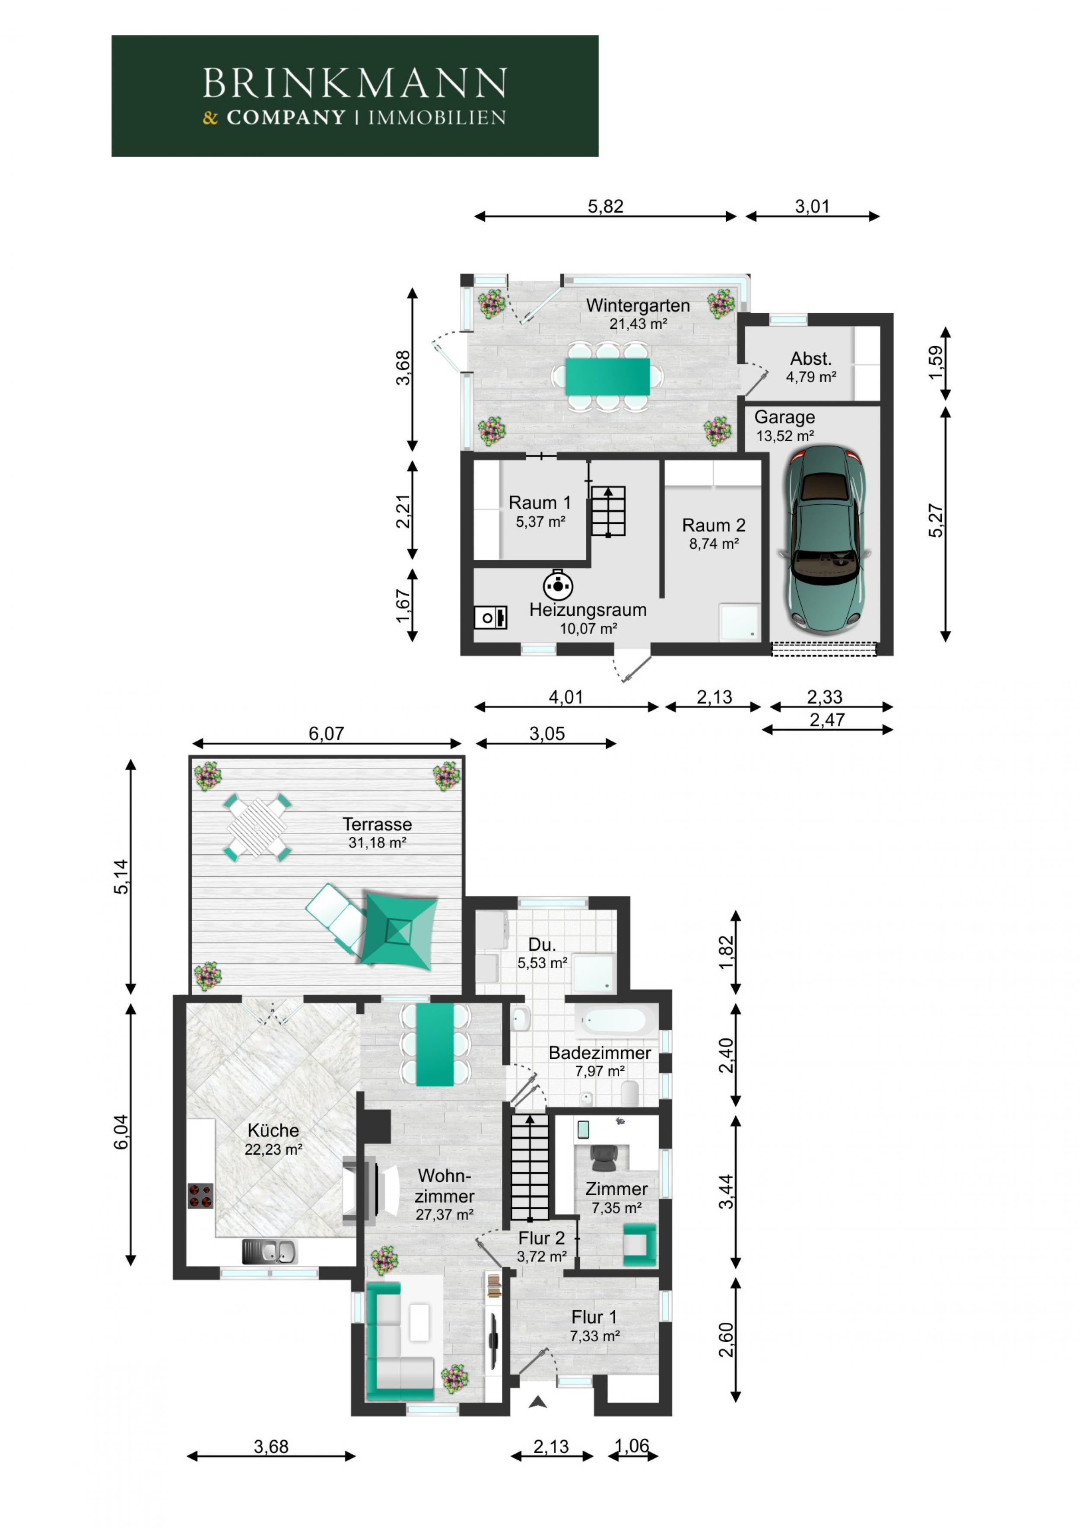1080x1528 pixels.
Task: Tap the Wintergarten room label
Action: point(638,306)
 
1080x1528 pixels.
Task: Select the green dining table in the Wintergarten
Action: point(607,377)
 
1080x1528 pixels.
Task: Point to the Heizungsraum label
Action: point(588,610)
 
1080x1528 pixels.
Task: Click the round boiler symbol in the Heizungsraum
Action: point(558,585)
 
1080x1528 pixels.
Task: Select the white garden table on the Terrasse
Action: point(257,827)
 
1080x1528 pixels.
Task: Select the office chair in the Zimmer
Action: point(604,1158)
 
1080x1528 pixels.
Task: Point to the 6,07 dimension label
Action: point(326,733)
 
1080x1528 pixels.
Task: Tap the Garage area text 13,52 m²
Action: point(785,436)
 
